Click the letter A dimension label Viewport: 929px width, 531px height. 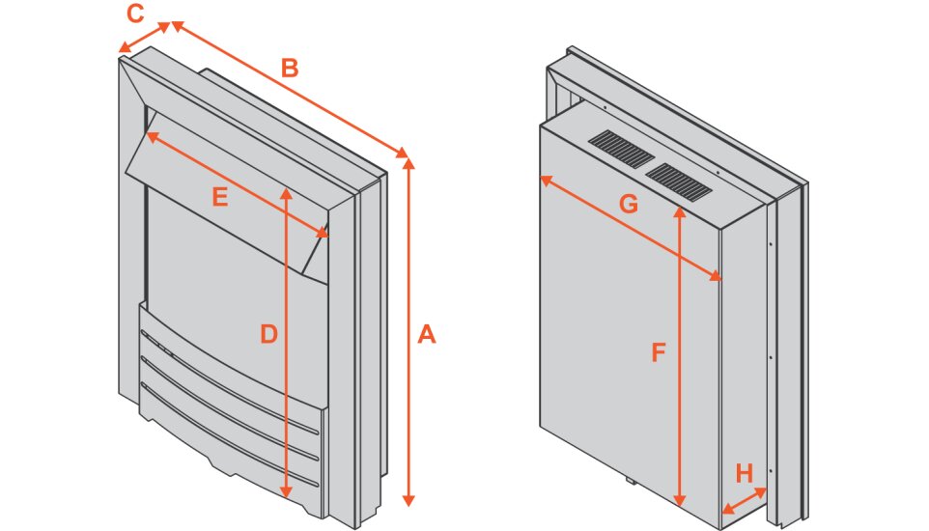pyautogui.click(x=427, y=335)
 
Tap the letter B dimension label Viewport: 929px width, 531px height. pyautogui.click(x=289, y=69)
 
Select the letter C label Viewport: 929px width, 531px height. pyautogui.click(x=135, y=14)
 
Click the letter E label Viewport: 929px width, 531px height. pyautogui.click(x=220, y=197)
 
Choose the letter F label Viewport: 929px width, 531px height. pyautogui.click(x=659, y=353)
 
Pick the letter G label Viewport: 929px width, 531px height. pyautogui.click(x=629, y=204)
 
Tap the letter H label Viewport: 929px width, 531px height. pyautogui.click(x=744, y=473)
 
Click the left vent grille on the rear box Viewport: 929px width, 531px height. pyautogui.click(x=621, y=150)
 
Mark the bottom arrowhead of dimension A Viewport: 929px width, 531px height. pyautogui.click(x=408, y=499)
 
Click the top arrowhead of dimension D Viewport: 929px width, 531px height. pyautogui.click(x=286, y=193)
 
